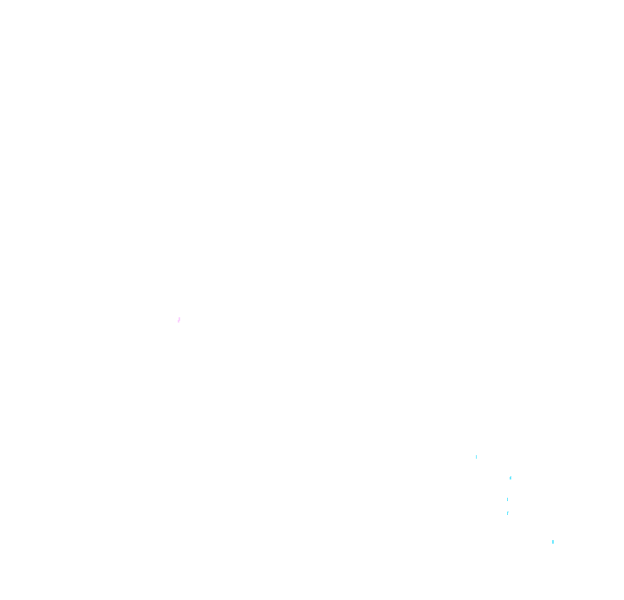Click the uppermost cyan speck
pos(476,456)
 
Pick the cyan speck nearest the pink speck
pos(476,456)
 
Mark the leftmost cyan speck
pos(476,456)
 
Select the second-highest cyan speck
pos(510,478)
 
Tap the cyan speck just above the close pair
pos(510,478)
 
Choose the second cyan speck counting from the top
pos(510,478)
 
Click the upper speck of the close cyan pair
pos(507,499)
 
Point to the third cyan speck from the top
pos(507,499)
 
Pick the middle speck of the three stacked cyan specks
pos(507,499)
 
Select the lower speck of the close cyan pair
pos(507,513)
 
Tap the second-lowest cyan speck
pos(507,513)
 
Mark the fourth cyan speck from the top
pos(507,513)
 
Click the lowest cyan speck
pos(553,542)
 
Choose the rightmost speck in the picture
pos(553,542)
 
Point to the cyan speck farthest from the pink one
pos(553,542)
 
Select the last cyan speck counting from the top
pos(553,542)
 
